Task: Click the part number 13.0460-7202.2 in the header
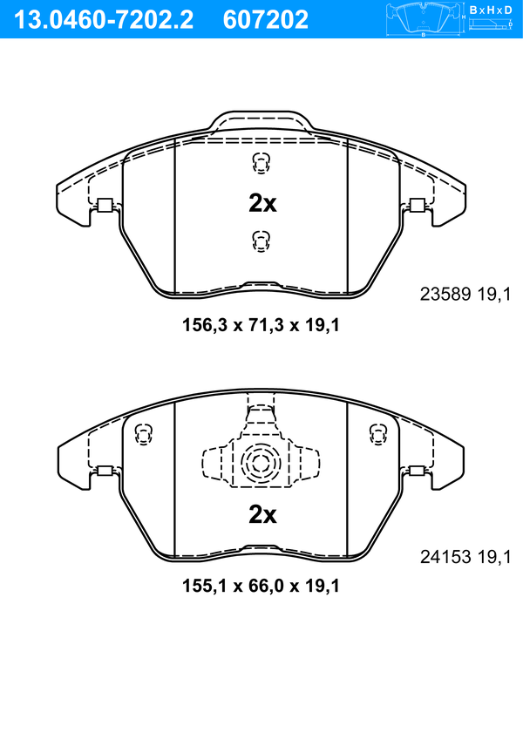tap(104, 20)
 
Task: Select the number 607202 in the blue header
tap(266, 20)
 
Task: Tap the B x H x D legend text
tap(491, 10)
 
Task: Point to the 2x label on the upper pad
tap(262, 203)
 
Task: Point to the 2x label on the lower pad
tap(262, 514)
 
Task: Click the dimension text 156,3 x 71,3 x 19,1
tap(261, 325)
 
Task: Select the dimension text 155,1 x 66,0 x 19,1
tap(261, 586)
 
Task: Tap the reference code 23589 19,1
tap(465, 294)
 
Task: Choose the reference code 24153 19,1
tap(465, 557)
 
